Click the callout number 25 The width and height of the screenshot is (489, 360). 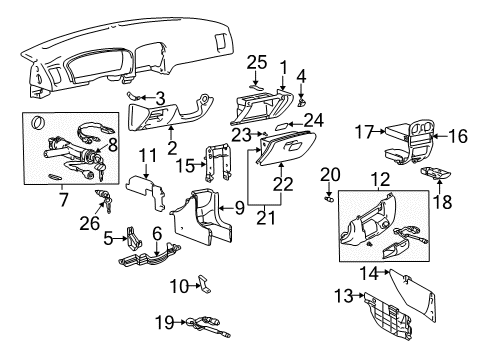tap(257, 62)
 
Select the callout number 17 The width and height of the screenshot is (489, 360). tap(363, 132)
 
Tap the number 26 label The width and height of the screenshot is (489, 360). tap(89, 223)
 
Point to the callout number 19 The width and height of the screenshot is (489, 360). tap(165, 322)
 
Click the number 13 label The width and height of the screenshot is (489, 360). tap(344, 296)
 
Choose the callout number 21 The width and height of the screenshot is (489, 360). tap(266, 218)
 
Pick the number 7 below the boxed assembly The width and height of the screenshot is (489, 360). tap(63, 199)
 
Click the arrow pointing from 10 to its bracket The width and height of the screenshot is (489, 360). tap(195, 286)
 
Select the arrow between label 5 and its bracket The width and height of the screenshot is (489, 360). tap(121, 238)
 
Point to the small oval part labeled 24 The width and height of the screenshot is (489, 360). tap(281, 126)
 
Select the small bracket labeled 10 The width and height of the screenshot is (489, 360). tap(205, 284)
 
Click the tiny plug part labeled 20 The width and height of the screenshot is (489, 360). tap(329, 199)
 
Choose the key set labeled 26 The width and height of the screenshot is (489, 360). tap(104, 200)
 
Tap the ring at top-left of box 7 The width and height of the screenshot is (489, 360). tap(37, 122)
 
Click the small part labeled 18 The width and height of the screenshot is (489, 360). tap(435, 173)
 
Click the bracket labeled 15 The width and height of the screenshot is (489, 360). tap(218, 162)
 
